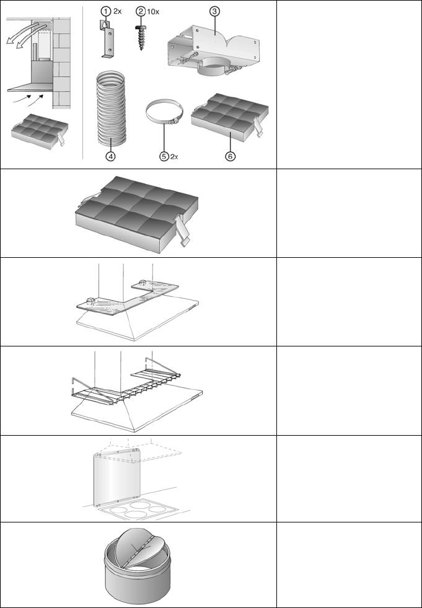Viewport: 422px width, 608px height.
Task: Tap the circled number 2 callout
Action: (x=141, y=11)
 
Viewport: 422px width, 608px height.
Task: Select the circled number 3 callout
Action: (x=214, y=12)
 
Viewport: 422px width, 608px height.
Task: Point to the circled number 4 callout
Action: (x=110, y=156)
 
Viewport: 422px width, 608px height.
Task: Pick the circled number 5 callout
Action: (x=164, y=156)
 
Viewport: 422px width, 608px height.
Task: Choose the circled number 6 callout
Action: (x=231, y=156)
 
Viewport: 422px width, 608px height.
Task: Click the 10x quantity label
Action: (x=153, y=12)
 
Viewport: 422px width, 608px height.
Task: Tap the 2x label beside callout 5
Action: (x=174, y=157)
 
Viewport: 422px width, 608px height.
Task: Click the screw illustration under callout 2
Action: (x=141, y=38)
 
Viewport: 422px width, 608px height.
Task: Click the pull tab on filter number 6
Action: (x=258, y=127)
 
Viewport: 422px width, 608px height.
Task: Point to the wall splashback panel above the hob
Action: (x=116, y=478)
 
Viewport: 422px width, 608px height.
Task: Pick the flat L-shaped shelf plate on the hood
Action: (x=128, y=297)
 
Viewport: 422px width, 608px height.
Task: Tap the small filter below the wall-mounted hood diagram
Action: (x=40, y=131)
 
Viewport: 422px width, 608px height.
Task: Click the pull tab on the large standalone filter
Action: (x=183, y=232)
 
